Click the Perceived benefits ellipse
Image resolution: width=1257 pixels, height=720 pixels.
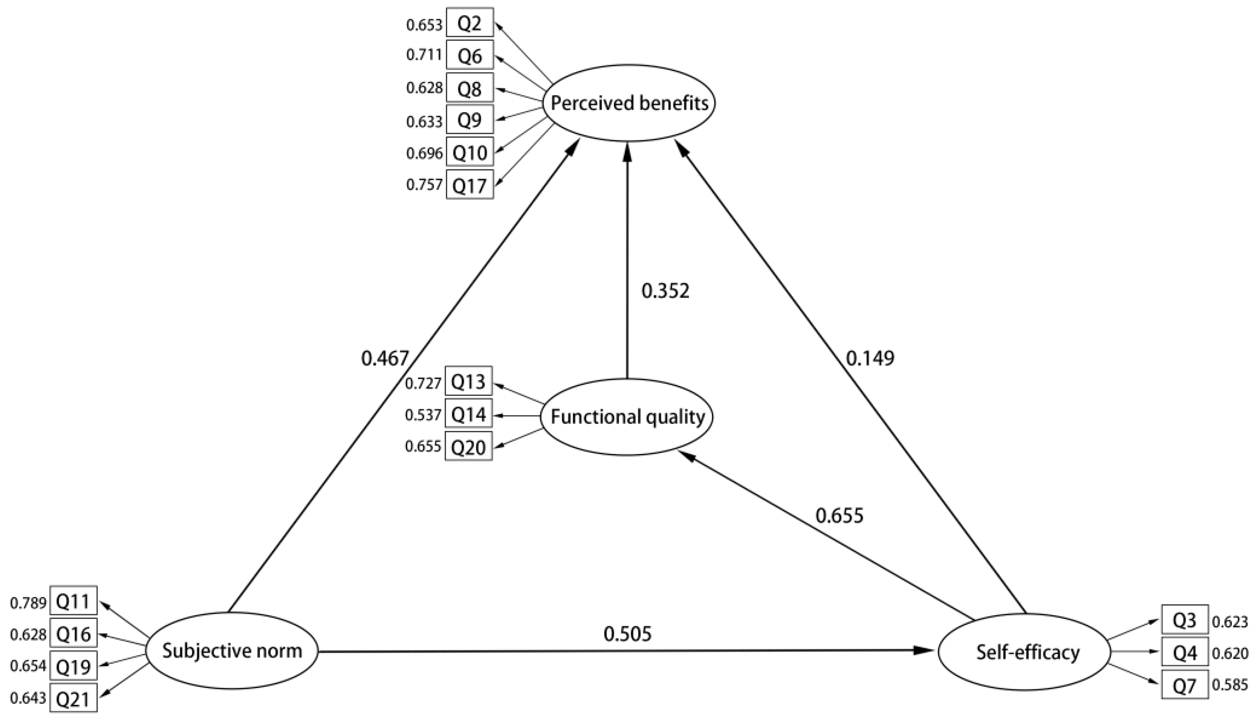(628, 104)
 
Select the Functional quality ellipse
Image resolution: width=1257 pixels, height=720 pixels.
(627, 417)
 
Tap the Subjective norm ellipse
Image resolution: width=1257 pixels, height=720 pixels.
(232, 651)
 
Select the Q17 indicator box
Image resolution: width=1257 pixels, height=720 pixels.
(470, 185)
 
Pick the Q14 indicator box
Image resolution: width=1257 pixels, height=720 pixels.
(469, 413)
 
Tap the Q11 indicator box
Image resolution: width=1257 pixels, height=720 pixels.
(74, 601)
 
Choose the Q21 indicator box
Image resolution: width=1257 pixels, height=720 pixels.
(74, 698)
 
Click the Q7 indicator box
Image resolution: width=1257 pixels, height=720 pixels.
(1185, 685)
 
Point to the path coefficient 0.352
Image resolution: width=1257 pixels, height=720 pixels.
(665, 291)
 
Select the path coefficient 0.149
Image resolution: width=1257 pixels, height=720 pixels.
(870, 358)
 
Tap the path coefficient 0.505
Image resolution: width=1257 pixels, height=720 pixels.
(628, 634)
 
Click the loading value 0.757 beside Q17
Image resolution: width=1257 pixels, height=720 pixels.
(424, 185)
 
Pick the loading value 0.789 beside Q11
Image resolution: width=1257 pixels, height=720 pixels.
(28, 602)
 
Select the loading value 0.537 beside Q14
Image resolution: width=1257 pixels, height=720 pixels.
(423, 414)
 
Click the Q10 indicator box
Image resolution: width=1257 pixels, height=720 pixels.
(470, 152)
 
